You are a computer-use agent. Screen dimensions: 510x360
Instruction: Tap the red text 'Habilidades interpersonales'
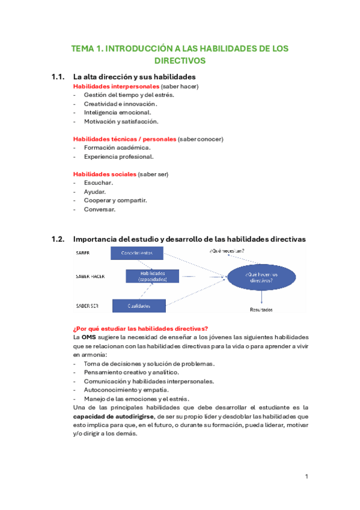111,87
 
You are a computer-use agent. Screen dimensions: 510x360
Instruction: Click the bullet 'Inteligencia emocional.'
117,112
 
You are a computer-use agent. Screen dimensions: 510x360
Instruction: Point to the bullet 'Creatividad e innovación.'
120,103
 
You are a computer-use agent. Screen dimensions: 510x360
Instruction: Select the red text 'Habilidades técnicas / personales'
124,139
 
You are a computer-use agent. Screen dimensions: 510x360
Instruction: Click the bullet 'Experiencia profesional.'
118,156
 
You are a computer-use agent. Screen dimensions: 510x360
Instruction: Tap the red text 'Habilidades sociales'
105,174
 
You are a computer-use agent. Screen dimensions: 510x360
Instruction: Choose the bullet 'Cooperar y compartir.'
115,200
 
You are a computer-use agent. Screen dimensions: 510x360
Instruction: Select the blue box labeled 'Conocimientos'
138,253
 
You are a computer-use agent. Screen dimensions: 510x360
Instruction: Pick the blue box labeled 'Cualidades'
139,306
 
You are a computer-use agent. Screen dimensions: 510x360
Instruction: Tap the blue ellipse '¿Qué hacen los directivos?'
261,277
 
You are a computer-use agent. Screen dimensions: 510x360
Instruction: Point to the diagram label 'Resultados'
261,310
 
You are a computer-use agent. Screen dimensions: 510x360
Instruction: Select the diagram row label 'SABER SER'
87,306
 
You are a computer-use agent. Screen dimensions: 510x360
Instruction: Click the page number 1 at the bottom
307,476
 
